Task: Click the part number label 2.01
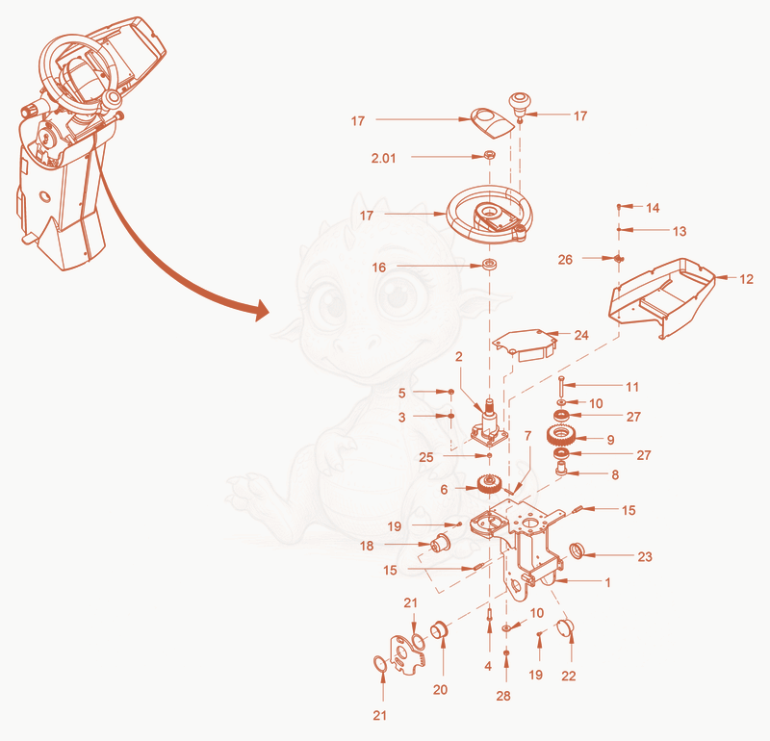tap(383, 158)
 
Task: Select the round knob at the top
tap(520, 103)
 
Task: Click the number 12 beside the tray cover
tap(746, 279)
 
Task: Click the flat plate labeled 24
tap(525, 345)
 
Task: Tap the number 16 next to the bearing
tap(378, 268)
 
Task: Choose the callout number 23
tap(645, 556)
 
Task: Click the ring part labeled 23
tap(576, 551)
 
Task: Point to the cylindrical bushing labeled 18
tap(441, 543)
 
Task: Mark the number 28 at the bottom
tap(503, 696)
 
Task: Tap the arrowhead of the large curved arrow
tap(260, 310)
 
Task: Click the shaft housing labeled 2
tap(489, 424)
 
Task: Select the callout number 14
tap(653, 208)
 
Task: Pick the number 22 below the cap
tap(569, 677)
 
